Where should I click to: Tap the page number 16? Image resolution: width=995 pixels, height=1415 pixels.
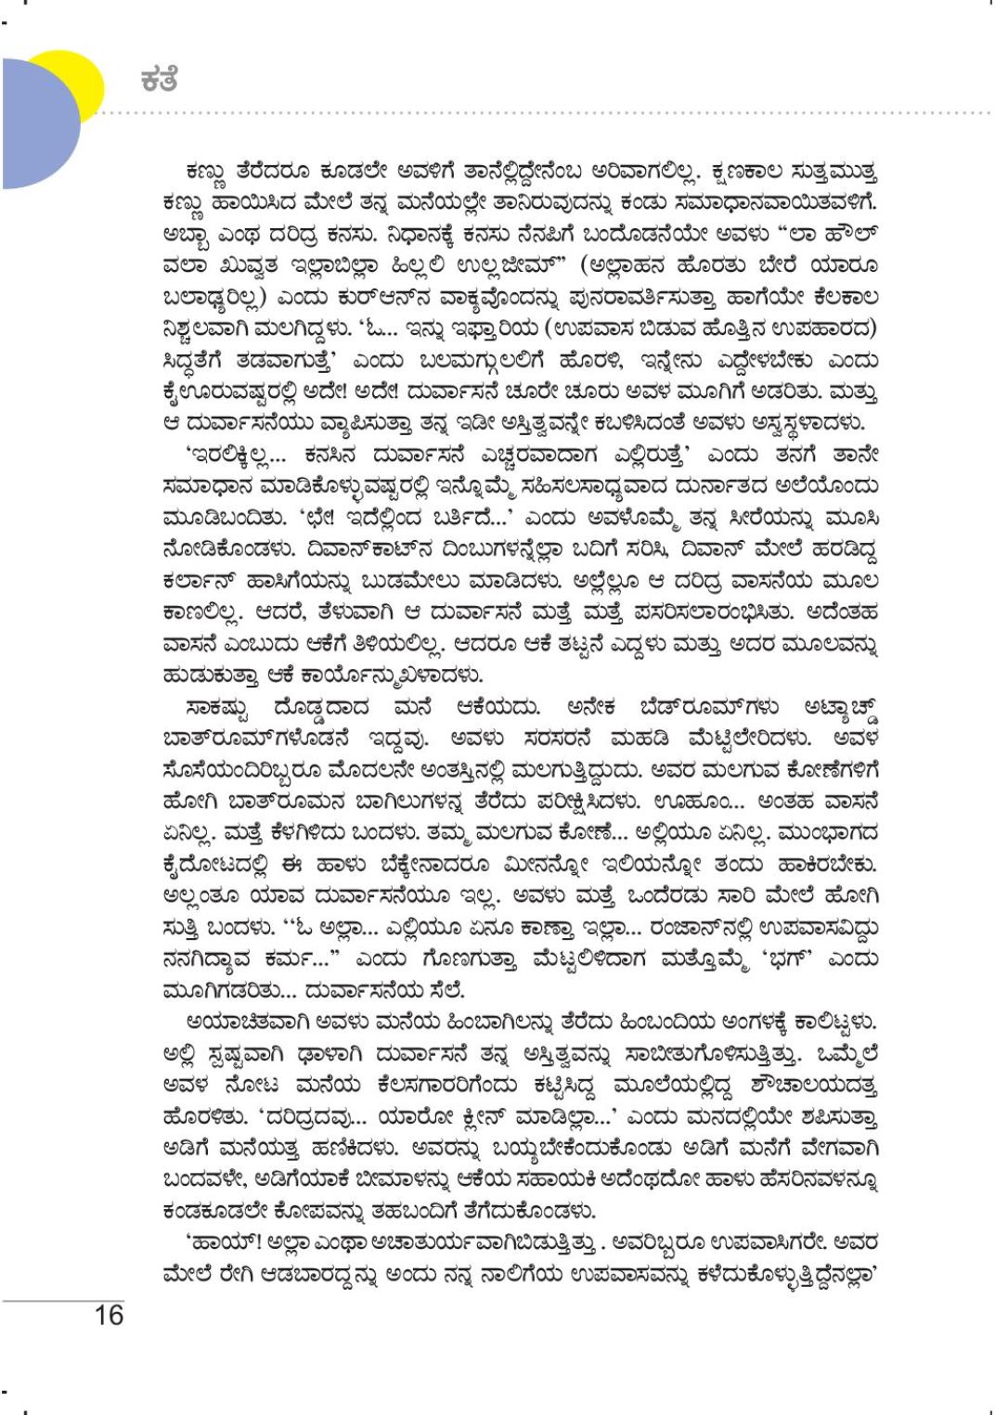coord(109,1315)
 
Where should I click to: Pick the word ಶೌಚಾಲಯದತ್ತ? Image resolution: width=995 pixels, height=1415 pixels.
coord(820,1085)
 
